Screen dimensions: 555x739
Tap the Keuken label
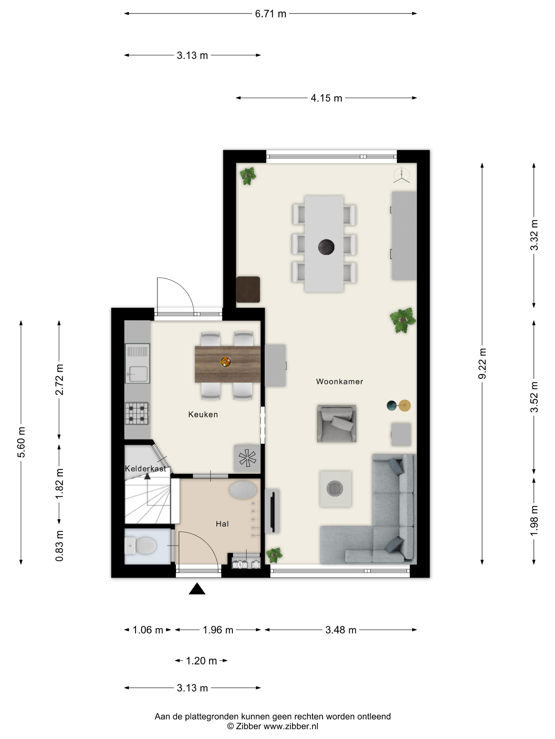pos(203,415)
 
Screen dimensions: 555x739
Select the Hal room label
pos(222,524)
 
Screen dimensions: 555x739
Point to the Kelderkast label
pos(146,469)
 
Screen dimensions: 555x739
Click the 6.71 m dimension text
pos(271,14)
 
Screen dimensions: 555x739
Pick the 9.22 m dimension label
pos(482,363)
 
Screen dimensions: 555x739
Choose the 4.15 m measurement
pos(326,98)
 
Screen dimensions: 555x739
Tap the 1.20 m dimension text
pos(201,661)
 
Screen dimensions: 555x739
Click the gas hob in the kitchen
pos(137,413)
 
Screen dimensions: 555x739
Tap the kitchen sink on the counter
pos(137,363)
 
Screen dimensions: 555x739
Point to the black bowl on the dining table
pos(326,248)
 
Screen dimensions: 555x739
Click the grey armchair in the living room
pos(336,424)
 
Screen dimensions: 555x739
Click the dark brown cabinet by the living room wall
pos(248,289)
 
